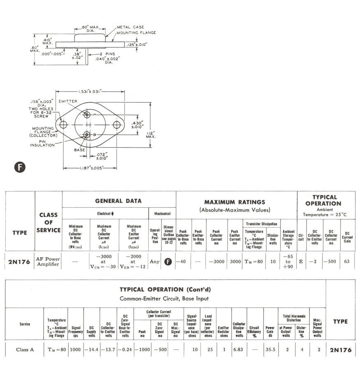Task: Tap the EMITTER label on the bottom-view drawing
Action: [x=68, y=101]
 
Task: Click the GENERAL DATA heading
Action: [x=118, y=201]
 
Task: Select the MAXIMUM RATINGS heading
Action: [x=235, y=202]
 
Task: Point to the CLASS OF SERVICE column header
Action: [x=48, y=223]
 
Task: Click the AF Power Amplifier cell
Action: [x=48, y=261]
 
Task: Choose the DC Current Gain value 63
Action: [x=346, y=261]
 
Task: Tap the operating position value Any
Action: [x=154, y=261]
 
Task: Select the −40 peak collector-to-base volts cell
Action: [x=182, y=261]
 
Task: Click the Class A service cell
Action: [x=25, y=350]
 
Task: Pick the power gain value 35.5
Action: [x=270, y=350]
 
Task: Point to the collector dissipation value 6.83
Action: [x=239, y=350]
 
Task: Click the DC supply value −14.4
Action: [x=91, y=350]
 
